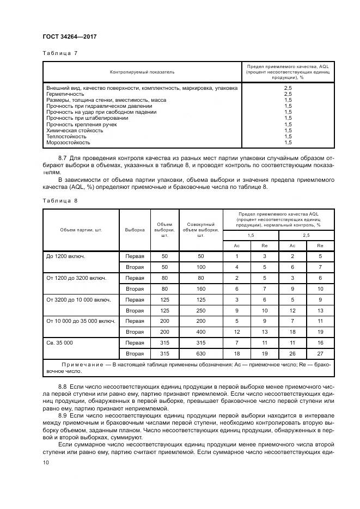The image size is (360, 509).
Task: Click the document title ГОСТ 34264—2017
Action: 69,36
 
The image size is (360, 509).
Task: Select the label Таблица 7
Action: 60,53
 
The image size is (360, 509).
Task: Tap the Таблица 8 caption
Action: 60,200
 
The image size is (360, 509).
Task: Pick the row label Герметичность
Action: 65,94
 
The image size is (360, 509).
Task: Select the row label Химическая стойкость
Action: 75,131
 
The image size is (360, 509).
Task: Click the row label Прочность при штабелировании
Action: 87,118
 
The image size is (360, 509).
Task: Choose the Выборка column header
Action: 135,230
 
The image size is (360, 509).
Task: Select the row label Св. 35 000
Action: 61,342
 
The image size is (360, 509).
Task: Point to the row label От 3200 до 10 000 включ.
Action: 78,299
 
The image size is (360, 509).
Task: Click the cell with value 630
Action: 200,353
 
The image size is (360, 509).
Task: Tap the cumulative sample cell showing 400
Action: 200,332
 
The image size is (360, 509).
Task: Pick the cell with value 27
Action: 320,353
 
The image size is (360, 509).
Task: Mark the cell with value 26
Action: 292,353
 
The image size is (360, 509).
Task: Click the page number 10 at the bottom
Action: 46,462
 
